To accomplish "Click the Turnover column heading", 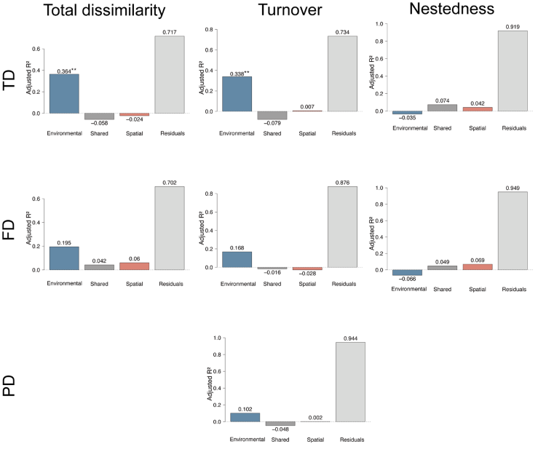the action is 290,9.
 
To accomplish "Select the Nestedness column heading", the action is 451,9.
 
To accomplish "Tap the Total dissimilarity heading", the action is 104,10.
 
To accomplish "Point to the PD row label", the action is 9,386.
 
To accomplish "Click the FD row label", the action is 9,230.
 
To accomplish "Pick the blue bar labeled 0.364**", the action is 64,94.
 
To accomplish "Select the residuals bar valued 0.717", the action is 170,74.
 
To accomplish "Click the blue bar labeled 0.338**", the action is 237,94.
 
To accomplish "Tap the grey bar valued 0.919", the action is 513,71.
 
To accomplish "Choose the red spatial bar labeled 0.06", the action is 135,266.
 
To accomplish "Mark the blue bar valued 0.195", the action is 64,258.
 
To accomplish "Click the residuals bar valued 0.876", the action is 342,227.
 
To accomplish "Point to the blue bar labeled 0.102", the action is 245,418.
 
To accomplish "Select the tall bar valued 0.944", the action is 351,382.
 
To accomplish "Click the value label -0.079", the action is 272,123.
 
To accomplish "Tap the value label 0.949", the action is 513,188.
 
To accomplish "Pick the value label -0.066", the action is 407,279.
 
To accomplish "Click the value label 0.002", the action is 315,418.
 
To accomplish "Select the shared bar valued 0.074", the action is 442,108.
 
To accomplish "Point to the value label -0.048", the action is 280,429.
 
